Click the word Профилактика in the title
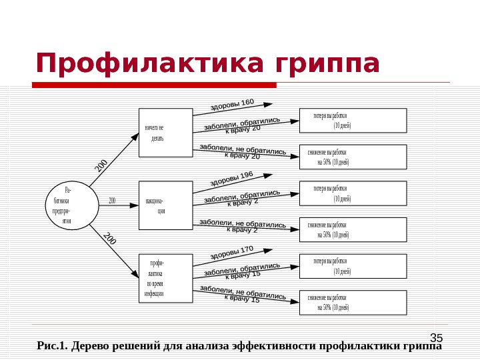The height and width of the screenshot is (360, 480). coord(141,64)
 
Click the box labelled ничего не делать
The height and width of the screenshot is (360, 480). coord(165,132)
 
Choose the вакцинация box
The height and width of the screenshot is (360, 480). coord(165,205)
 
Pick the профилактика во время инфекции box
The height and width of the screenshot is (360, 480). coord(165,277)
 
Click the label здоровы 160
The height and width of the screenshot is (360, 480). coord(232,105)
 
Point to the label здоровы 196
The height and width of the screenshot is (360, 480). coord(232,178)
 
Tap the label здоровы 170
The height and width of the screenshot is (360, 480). coord(232,252)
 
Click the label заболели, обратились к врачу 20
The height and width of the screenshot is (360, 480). coord(242,125)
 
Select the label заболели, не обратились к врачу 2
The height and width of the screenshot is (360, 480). coord(243,226)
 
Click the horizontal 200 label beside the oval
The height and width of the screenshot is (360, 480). coord(112,200)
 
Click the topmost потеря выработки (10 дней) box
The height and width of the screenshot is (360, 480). coord(352,121)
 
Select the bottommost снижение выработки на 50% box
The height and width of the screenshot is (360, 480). coord(352,302)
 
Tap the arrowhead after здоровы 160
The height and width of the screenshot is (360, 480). coord(268,104)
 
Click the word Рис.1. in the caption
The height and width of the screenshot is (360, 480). coord(53,346)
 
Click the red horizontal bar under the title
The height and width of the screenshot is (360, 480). coord(153,85)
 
